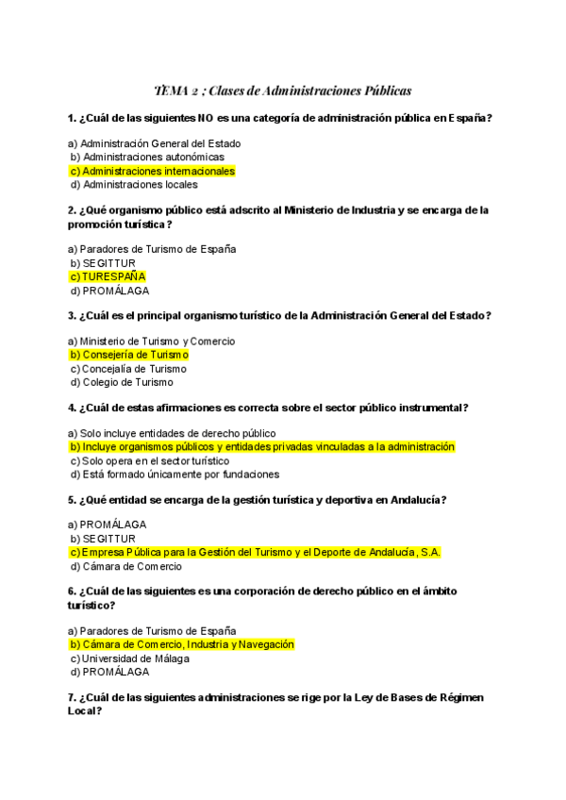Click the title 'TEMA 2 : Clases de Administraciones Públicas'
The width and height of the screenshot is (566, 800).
coord(283,91)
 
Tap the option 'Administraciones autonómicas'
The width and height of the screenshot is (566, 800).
coord(148,157)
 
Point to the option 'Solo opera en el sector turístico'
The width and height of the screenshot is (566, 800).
coord(150,460)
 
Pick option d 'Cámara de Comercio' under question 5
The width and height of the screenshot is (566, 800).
coord(126,567)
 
